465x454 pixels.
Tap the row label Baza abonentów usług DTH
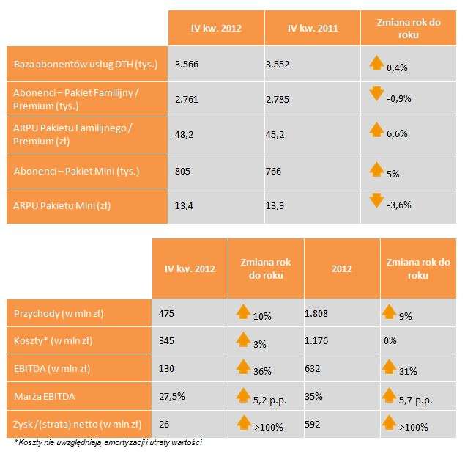(86, 65)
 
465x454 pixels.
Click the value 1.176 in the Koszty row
(316, 342)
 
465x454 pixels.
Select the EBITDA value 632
(312, 369)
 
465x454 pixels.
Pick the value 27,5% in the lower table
(171, 397)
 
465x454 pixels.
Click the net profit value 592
(312, 424)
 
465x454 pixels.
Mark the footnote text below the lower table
(108, 442)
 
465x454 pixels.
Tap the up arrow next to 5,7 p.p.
(392, 395)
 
